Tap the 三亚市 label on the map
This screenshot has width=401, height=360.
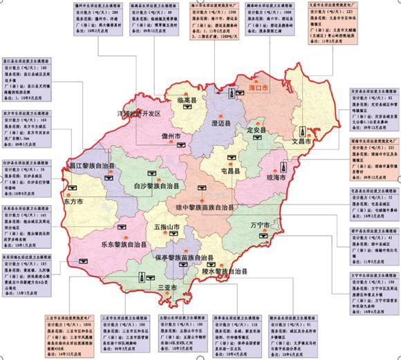coord(168,286)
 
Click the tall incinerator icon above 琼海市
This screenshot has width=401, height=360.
coord(283,167)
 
